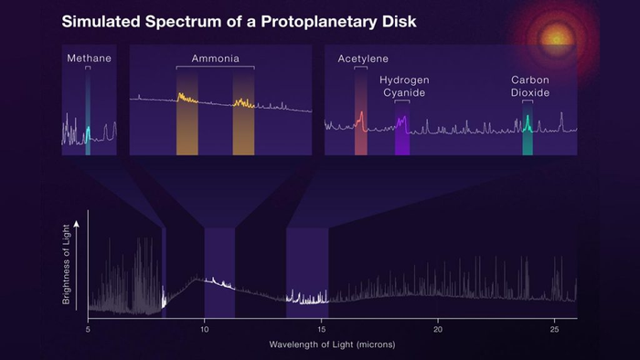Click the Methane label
pos(88,58)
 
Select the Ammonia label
pos(215,58)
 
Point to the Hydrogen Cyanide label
pos(404,86)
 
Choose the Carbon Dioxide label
pos(528,86)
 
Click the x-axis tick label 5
pos(88,328)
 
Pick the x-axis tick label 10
pos(205,328)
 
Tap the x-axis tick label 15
pos(322,328)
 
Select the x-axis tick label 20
pos(438,328)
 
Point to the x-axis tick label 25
pos(555,328)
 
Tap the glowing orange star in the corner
pos(557,38)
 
